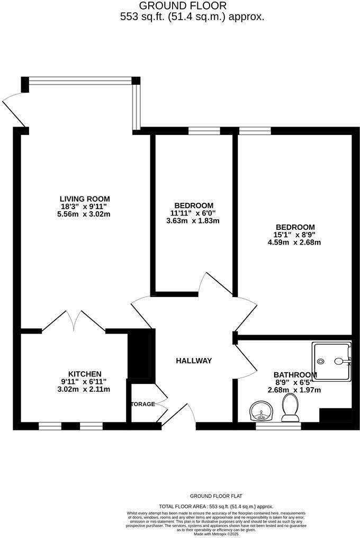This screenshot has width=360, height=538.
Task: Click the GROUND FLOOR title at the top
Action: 182,6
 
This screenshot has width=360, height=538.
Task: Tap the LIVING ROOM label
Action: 85,199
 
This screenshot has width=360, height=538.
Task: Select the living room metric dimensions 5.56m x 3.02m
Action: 85,214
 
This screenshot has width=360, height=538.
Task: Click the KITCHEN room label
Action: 85,374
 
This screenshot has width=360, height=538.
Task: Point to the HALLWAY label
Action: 194,361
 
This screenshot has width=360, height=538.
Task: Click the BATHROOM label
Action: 295,375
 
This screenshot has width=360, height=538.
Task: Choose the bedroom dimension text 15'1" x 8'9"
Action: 294,235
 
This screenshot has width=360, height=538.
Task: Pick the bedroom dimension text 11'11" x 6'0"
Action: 193,213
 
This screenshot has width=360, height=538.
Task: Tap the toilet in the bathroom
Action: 291,408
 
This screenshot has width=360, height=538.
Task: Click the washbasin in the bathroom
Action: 260,410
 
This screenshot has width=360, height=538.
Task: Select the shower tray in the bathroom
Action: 331,362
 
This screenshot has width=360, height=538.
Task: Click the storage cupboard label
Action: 143,404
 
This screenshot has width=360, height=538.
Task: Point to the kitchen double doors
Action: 74,321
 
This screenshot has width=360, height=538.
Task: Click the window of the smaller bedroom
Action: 204,130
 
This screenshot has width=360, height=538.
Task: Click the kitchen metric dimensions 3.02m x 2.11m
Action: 85,389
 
